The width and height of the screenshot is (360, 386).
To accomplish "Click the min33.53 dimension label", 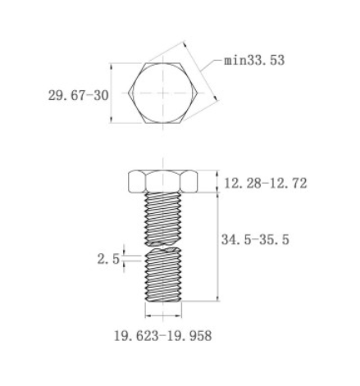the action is tap(254, 61).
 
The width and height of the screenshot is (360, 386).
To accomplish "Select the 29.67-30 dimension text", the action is tap(78, 96).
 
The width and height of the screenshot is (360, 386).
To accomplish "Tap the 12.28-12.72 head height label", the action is tap(266, 184).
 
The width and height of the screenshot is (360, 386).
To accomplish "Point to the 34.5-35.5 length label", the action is tap(255, 239).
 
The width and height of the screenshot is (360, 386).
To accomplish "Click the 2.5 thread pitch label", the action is tap(108, 259).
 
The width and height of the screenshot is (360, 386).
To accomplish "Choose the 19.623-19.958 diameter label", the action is tap(163, 336).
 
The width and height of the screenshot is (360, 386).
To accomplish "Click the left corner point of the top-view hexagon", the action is tap(128, 93).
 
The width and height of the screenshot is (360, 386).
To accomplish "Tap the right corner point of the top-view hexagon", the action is tap(198, 93).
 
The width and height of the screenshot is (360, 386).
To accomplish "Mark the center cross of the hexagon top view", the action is tap(163, 93).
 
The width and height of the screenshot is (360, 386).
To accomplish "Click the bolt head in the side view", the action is tap(163, 182).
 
